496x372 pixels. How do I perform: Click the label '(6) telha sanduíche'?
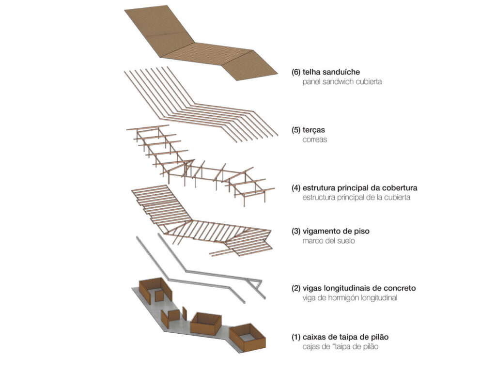325,72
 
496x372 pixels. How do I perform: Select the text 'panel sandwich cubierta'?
342,82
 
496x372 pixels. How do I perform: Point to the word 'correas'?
315,139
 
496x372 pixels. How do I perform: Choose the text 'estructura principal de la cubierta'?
356,197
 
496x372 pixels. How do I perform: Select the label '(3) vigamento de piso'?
330,231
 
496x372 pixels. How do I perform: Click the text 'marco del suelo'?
328,241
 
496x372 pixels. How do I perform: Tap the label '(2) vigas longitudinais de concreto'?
353,288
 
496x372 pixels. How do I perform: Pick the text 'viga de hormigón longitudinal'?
350,298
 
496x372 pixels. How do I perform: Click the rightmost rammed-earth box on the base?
247,338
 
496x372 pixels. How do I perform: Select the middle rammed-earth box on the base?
206,323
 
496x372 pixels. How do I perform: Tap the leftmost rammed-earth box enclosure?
155,290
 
